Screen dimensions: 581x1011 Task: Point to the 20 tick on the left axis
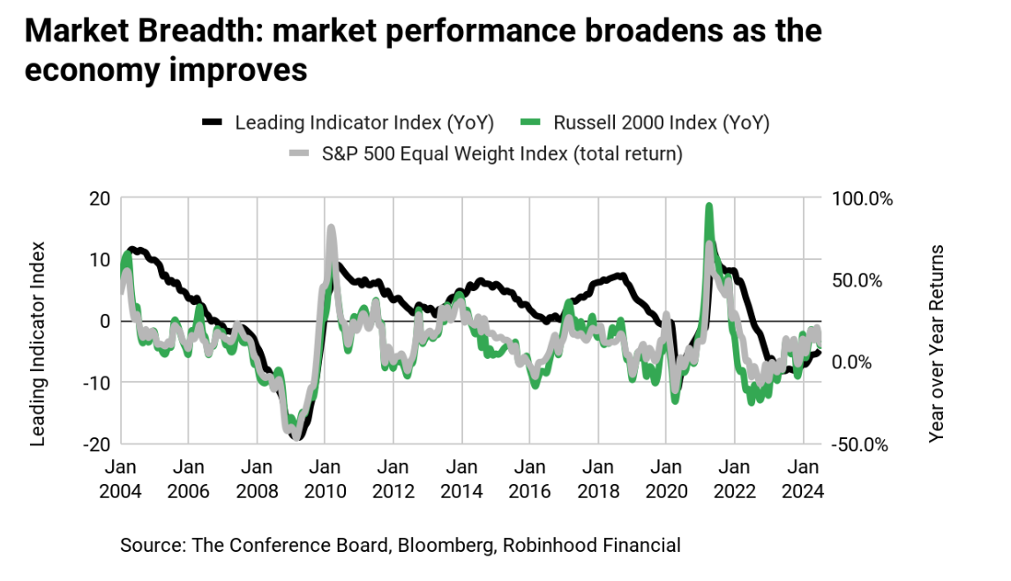pyautogui.click(x=99, y=197)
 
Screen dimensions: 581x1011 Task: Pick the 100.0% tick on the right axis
pyautogui.click(x=864, y=197)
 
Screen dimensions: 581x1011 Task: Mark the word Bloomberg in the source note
pyautogui.click(x=446, y=546)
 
